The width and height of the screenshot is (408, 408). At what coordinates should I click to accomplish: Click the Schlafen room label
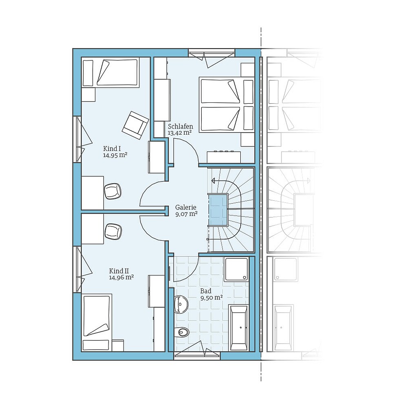click(x=180, y=126)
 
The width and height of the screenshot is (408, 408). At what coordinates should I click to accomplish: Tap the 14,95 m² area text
click(x=115, y=155)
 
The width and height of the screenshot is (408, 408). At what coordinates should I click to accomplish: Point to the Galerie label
click(x=186, y=207)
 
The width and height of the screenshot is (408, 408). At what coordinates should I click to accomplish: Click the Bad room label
click(x=206, y=291)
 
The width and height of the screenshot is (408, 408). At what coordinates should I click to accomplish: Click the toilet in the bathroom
click(x=182, y=333)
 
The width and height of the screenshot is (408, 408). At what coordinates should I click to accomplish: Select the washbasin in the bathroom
click(x=180, y=304)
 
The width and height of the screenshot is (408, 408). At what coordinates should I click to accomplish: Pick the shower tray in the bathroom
click(x=237, y=269)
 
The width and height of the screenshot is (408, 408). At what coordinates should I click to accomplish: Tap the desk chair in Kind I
click(x=113, y=191)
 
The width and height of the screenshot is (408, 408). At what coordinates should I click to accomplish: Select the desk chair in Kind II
click(x=113, y=231)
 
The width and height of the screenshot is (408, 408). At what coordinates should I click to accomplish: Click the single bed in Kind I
click(x=110, y=72)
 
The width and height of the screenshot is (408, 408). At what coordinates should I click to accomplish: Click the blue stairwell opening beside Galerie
click(x=218, y=210)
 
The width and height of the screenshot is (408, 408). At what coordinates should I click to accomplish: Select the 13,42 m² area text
click(x=180, y=133)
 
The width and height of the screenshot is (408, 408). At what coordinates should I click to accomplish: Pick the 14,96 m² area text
click(x=122, y=277)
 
